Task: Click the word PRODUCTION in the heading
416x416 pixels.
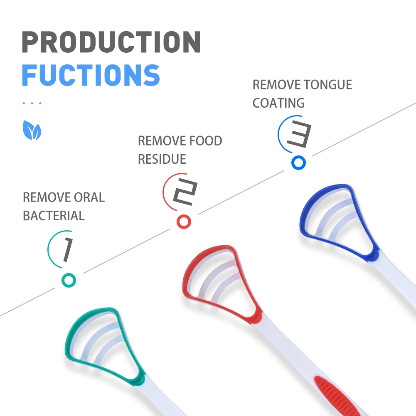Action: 111,42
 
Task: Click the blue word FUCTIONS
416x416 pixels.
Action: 91,75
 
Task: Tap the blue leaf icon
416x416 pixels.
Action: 32,130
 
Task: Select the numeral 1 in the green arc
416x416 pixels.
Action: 66,251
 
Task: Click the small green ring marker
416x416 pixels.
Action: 69,280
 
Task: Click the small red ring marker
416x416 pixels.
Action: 184,221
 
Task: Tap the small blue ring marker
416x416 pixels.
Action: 298,162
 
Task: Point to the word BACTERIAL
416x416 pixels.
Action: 54,216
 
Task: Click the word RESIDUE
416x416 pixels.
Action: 162,159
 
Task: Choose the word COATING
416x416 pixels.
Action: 278,103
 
